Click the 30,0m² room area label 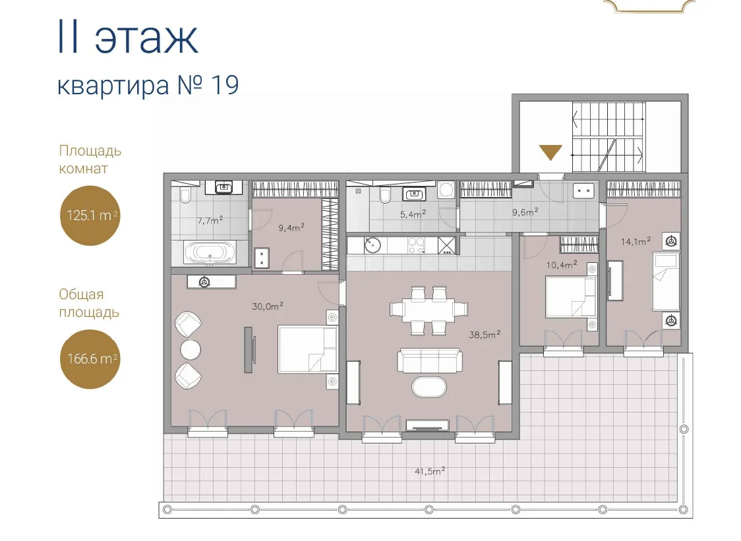click(x=268, y=306)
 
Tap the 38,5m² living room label click(x=485, y=335)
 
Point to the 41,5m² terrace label click(x=430, y=471)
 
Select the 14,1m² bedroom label click(x=636, y=241)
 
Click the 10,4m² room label click(x=562, y=265)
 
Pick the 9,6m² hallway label click(x=525, y=212)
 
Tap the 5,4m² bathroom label click(x=413, y=214)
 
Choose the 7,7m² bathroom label click(x=210, y=220)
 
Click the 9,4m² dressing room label click(x=291, y=227)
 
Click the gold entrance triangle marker click(x=550, y=151)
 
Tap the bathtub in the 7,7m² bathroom click(x=210, y=253)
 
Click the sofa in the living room click(x=430, y=360)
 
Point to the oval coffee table click(x=429, y=387)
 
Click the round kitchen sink click(x=372, y=245)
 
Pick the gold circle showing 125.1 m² click(x=90, y=215)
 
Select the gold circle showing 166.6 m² click(x=90, y=359)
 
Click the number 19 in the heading click(x=225, y=86)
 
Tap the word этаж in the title click(x=146, y=38)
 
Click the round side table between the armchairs click(x=191, y=350)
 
